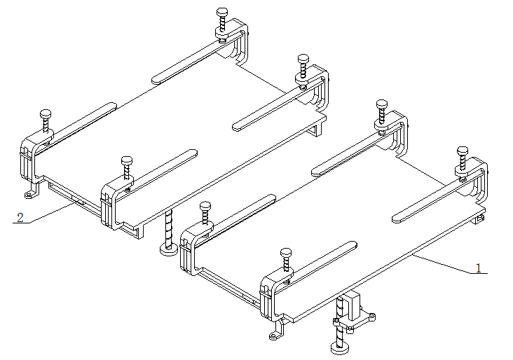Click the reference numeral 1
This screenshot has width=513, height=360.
pyautogui.click(x=479, y=268)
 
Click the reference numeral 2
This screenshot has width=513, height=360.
pyautogui.click(x=20, y=217)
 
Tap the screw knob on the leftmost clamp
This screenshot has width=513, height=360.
pyautogui.click(x=46, y=114)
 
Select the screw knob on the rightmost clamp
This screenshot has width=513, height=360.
pyautogui.click(x=463, y=151)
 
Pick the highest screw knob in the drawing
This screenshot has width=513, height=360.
pyautogui.click(x=222, y=13)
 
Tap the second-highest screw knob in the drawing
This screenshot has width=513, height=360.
pyautogui.click(x=303, y=59)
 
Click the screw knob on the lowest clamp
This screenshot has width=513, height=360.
pyautogui.click(x=286, y=253)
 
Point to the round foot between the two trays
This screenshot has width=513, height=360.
pyautogui.click(x=169, y=250)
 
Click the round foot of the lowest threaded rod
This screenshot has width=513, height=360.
pyautogui.click(x=340, y=347)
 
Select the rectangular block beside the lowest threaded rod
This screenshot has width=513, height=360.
pyautogui.click(x=354, y=307)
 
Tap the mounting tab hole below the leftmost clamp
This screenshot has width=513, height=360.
pyautogui.click(x=29, y=195)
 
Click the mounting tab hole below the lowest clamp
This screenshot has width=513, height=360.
pyautogui.click(x=273, y=335)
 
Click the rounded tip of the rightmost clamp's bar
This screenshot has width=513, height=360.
pyautogui.click(x=396, y=219)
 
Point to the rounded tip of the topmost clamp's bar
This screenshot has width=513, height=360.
pyautogui.click(x=156, y=80)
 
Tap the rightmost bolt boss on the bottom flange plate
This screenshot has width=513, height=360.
pyautogui.click(x=371, y=317)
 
